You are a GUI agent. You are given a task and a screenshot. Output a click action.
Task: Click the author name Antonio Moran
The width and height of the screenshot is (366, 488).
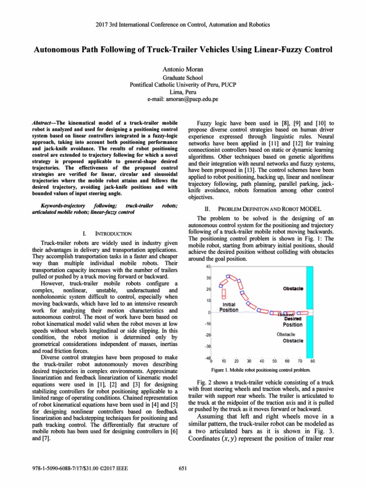pos(183,69)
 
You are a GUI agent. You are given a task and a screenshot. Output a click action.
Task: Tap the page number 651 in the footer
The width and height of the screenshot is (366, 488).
pos(183,468)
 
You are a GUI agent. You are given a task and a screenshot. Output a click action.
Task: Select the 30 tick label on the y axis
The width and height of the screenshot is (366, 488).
pos(208,278)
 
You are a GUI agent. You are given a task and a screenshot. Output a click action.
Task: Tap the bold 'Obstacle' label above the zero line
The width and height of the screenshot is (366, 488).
pos(293,289)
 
